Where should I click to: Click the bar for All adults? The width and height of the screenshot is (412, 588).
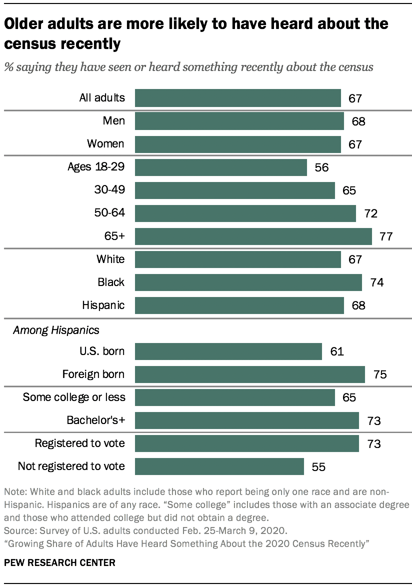237,98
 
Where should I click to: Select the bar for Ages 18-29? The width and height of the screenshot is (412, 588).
220,167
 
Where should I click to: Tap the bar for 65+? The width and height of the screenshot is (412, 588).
253,236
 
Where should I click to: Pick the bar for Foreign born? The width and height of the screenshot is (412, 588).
249,374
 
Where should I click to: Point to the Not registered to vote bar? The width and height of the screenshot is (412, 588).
219,466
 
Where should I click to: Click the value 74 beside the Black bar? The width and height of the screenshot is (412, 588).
377,282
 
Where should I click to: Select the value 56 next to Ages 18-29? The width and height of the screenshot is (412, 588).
322,167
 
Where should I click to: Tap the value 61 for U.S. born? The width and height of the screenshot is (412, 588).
336,351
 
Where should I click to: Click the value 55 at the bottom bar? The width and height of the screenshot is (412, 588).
319,467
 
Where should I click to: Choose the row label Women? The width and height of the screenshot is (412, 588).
105,144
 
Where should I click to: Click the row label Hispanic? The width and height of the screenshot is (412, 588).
103,304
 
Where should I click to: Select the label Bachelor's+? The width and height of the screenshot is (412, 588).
95,420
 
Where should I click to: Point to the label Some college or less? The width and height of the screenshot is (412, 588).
74,397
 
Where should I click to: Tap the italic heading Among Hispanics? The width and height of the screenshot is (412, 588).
56,330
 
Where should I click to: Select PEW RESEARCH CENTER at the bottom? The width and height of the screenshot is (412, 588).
59,562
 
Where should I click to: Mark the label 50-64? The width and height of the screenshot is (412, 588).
109,213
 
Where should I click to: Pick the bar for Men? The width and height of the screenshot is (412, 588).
239,121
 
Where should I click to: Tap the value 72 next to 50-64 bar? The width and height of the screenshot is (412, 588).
370,213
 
